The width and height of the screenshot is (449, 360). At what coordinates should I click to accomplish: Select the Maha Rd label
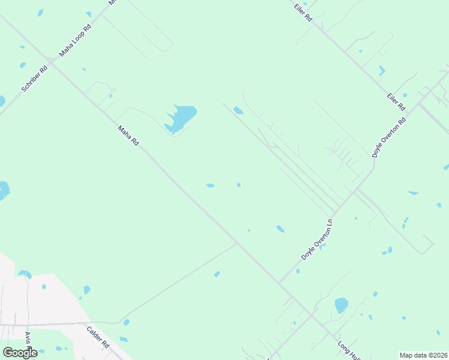(x=128, y=136)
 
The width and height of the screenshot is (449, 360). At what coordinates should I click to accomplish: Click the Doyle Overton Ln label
(x=316, y=239)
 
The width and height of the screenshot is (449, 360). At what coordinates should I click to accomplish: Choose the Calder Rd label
(x=97, y=337)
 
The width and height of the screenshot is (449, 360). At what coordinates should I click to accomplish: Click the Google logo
(x=20, y=353)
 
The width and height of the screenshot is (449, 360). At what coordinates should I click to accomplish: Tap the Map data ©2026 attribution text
(x=423, y=355)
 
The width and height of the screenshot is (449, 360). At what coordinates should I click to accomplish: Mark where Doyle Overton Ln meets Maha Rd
(x=279, y=283)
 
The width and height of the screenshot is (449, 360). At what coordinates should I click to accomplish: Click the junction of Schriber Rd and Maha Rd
(x=52, y=62)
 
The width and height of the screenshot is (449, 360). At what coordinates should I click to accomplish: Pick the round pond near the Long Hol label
(x=341, y=305)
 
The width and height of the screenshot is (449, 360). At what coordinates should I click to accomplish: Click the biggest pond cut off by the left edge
(x=4, y=190)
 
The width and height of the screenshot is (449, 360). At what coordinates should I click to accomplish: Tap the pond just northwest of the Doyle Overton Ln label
(x=280, y=229)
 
